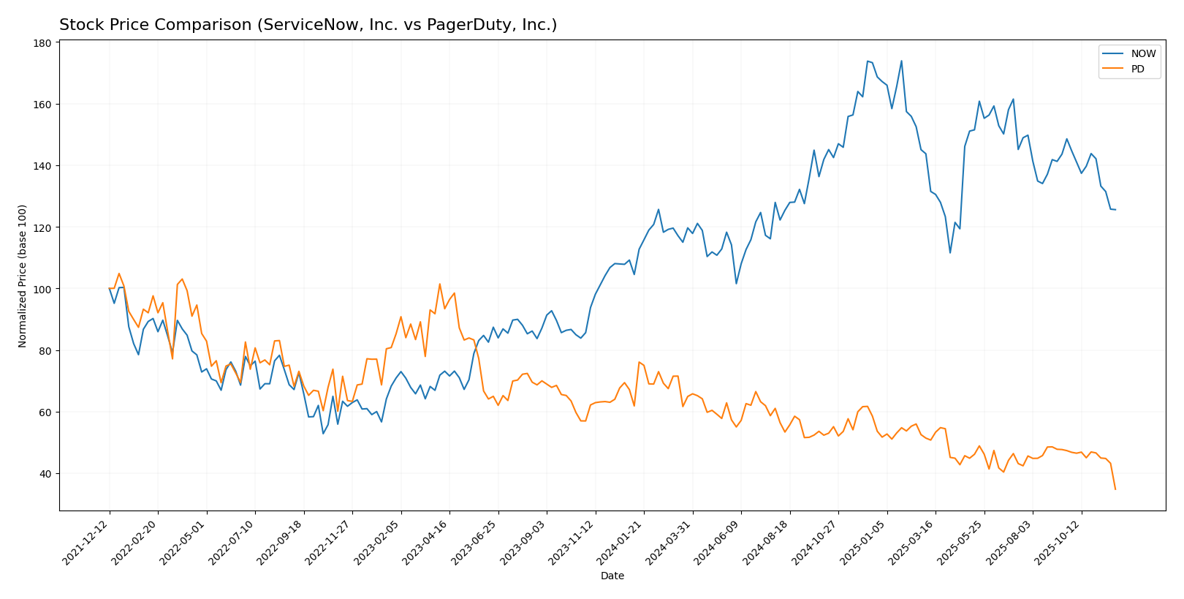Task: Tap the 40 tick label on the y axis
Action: click(x=45, y=474)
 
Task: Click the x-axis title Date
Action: click(x=612, y=576)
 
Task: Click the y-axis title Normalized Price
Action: click(x=23, y=276)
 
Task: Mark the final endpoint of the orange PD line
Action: click(x=1115, y=489)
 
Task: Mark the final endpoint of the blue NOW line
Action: click(x=1115, y=210)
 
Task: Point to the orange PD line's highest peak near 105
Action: click(x=119, y=274)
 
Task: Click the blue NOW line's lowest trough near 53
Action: click(x=323, y=434)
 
